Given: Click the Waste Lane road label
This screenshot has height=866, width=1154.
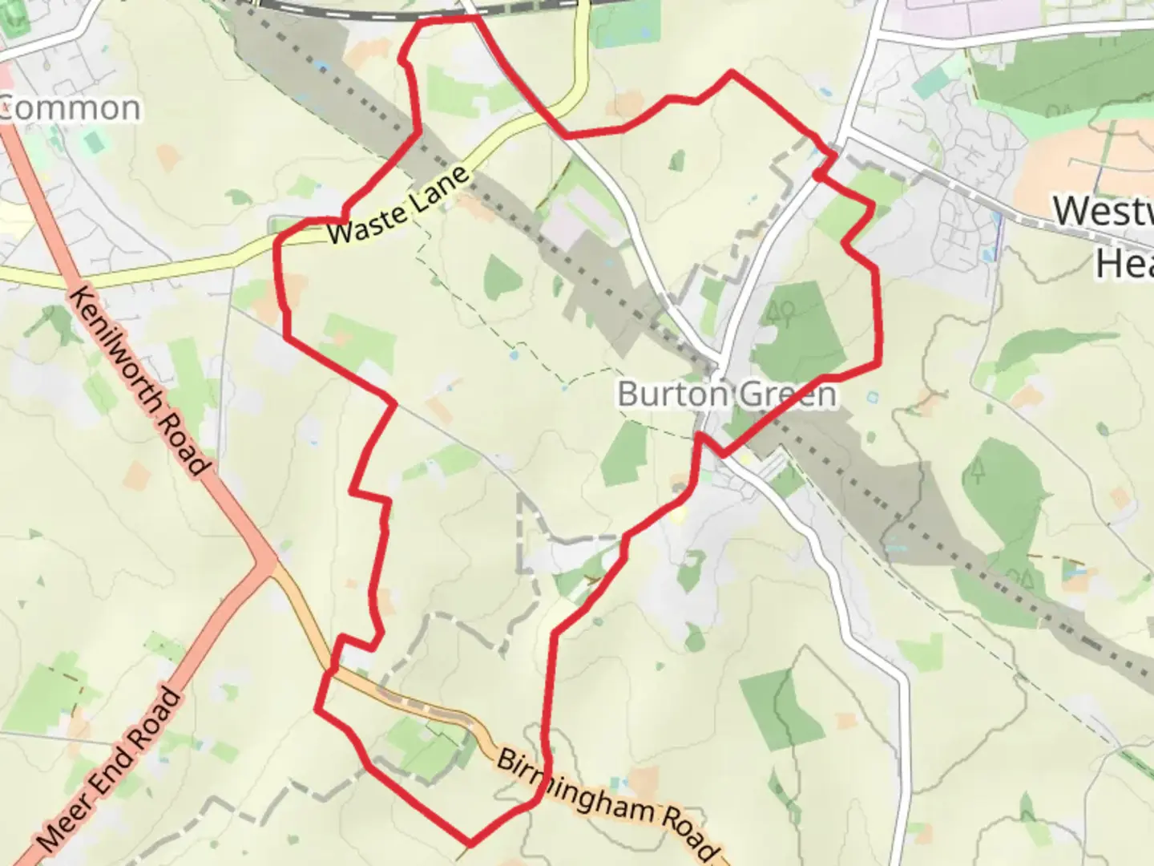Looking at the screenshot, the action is pyautogui.click(x=397, y=206).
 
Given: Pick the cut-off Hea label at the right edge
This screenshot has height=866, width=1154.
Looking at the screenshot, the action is pyautogui.click(x=1124, y=263).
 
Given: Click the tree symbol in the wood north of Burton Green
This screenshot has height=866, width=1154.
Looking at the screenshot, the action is pyautogui.click(x=781, y=312).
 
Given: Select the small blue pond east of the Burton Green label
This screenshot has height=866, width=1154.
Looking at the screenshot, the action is pyautogui.click(x=871, y=396).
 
